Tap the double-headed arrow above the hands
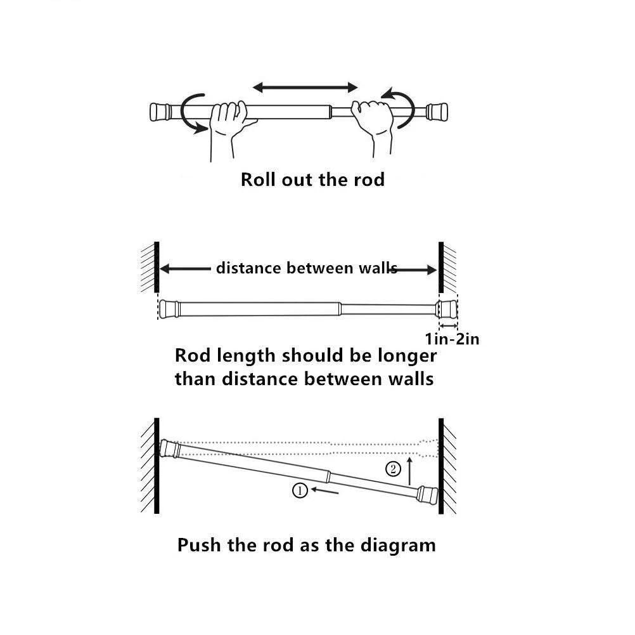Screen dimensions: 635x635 305,87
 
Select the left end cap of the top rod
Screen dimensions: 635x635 159,112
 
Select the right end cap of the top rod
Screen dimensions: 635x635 437,112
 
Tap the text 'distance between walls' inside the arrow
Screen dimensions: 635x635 306,268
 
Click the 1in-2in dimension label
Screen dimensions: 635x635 452,339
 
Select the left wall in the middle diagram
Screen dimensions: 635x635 155,266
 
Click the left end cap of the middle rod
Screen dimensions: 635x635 168,308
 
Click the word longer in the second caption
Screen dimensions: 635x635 403,355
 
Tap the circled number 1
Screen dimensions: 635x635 300,490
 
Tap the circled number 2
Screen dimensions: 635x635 394,470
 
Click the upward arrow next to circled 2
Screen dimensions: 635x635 410,469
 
